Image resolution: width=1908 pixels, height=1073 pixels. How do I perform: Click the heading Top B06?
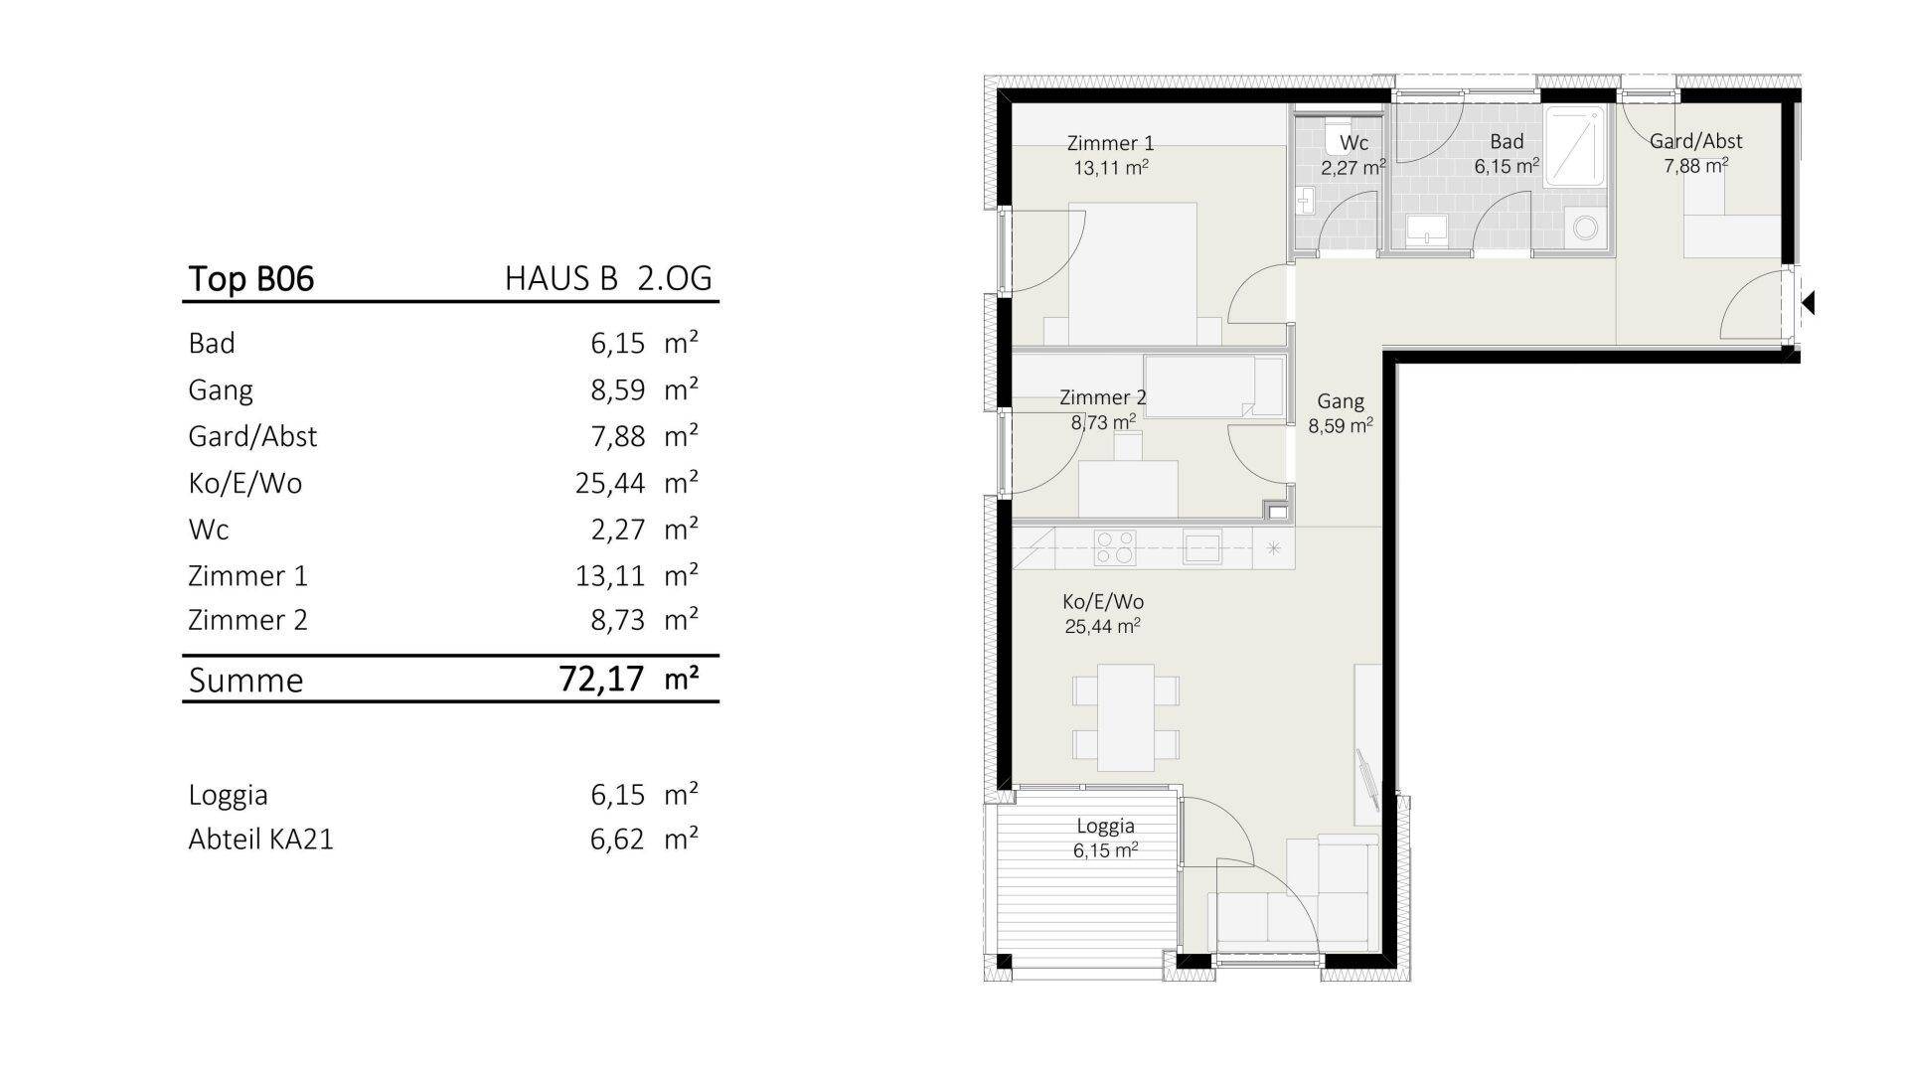[251, 278]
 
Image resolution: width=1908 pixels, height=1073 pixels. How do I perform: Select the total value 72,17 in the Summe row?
[601, 680]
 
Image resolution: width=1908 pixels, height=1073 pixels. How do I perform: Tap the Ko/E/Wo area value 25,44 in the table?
[610, 483]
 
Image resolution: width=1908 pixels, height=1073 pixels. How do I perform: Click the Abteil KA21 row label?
[260, 839]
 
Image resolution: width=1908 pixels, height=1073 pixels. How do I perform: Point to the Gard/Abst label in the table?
[252, 436]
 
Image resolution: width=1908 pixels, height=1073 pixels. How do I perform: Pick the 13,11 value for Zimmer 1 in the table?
[610, 575]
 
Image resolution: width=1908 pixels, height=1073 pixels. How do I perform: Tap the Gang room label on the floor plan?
[1341, 402]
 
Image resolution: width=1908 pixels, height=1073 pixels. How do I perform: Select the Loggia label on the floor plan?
[1105, 826]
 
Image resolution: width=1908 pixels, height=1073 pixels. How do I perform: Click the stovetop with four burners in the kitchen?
[1114, 547]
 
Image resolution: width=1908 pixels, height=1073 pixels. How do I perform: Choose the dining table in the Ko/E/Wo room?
[1126, 718]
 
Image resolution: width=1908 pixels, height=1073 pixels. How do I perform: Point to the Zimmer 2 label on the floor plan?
[1103, 397]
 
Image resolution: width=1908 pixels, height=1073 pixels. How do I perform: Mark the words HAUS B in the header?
[561, 278]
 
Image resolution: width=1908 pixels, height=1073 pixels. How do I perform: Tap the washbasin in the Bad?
[1428, 230]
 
